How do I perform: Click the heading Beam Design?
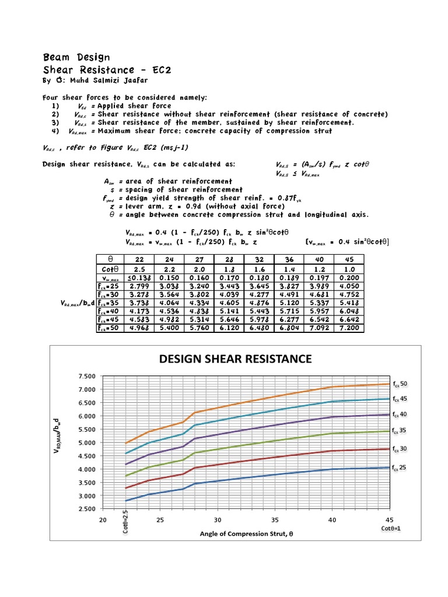[76, 57]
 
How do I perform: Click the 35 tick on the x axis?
[275, 520]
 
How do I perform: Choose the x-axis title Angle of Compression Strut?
[244, 533]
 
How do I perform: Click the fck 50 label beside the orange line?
[400, 384]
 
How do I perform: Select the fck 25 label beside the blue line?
[400, 468]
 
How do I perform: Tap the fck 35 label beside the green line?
[400, 431]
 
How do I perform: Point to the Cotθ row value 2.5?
[139, 269]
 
